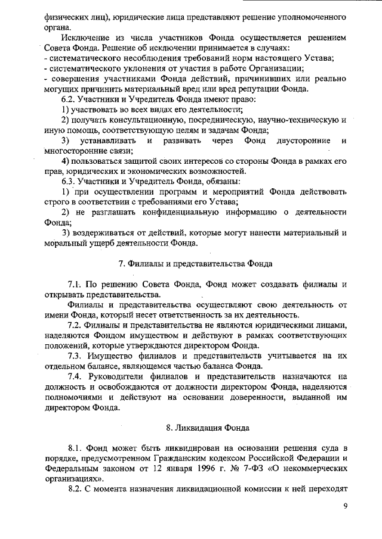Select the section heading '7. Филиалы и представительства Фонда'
[195, 263]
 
